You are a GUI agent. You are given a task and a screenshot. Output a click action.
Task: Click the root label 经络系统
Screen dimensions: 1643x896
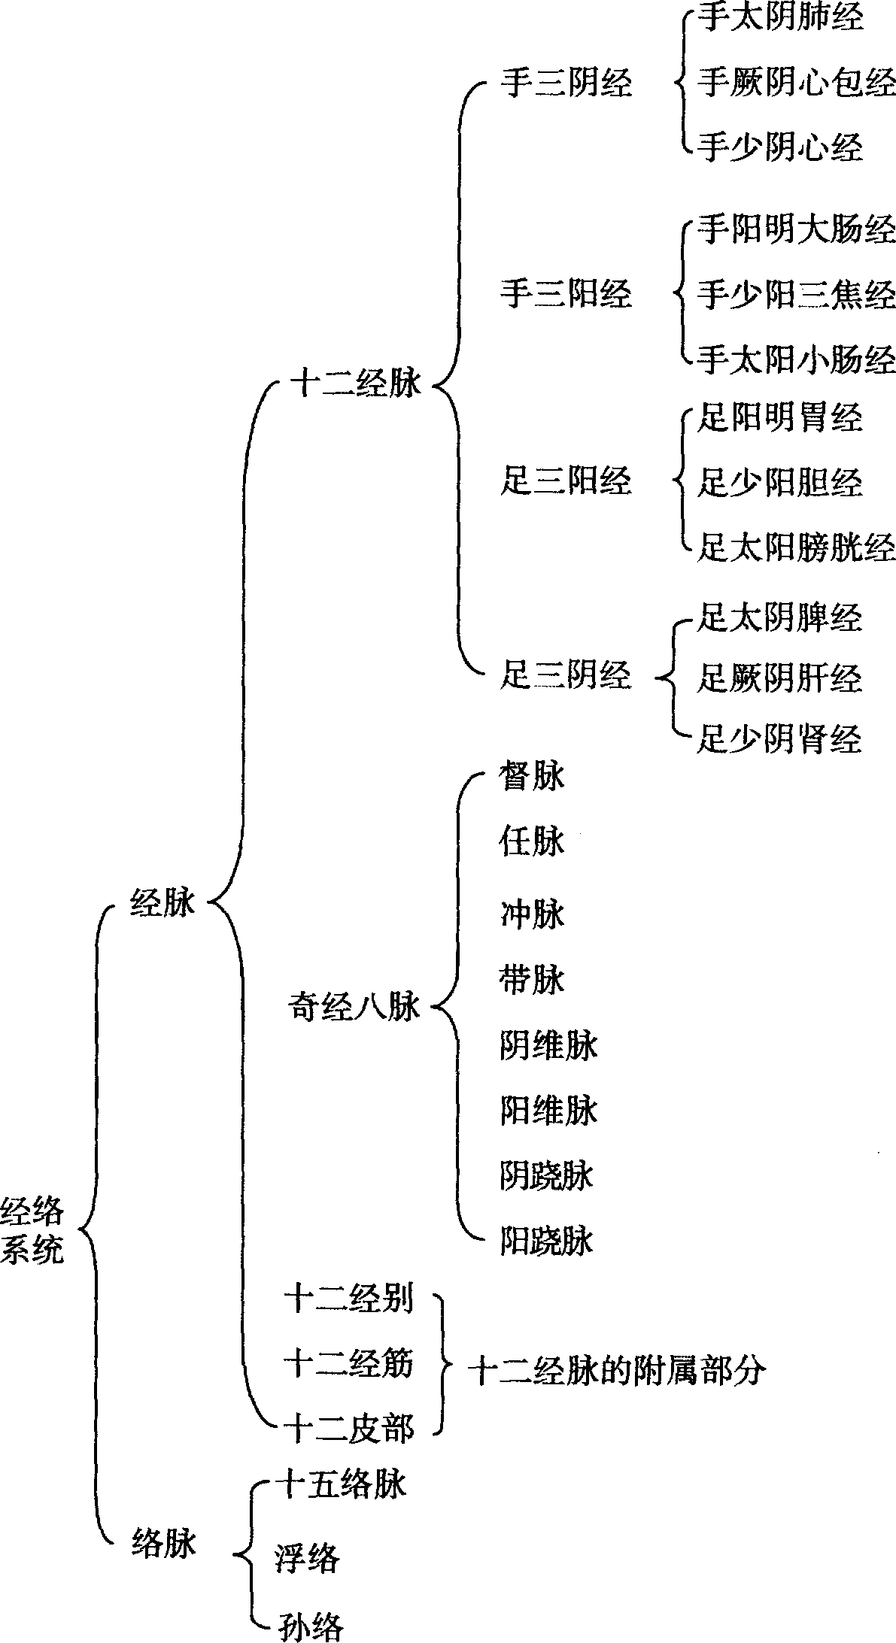click(x=33, y=1231)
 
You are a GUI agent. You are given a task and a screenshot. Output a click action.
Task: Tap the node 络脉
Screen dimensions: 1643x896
click(x=163, y=1543)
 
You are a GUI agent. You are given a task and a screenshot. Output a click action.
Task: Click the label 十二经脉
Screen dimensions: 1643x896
click(x=356, y=385)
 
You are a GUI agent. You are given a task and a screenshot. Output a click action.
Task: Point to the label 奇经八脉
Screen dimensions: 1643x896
click(x=354, y=1007)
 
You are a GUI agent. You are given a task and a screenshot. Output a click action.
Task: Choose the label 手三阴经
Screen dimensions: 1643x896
click(x=566, y=83)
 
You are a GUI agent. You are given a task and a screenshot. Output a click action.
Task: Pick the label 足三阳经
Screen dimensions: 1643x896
click(x=566, y=480)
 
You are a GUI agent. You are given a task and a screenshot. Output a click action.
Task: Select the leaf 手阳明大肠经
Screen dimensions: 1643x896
click(x=796, y=229)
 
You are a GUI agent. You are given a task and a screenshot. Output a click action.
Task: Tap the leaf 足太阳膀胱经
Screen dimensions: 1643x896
click(x=796, y=547)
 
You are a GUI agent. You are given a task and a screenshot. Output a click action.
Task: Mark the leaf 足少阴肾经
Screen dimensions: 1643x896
click(x=779, y=739)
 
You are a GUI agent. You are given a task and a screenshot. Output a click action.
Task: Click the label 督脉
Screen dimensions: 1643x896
click(x=532, y=775)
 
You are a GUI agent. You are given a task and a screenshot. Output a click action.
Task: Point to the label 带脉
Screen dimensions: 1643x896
click(x=532, y=980)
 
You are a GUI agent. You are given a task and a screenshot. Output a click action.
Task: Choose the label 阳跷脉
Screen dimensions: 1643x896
click(x=547, y=1241)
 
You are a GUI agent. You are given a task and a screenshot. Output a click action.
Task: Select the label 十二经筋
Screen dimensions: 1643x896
click(x=349, y=1363)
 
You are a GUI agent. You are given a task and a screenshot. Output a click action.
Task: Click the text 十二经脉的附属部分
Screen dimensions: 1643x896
click(x=617, y=1371)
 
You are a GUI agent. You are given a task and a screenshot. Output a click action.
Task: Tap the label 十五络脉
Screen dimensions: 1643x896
click(x=341, y=1484)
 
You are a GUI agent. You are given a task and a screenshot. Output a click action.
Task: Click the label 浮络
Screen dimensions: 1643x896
click(x=308, y=1557)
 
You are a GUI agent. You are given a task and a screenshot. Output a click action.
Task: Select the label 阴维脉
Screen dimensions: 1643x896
click(x=548, y=1046)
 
